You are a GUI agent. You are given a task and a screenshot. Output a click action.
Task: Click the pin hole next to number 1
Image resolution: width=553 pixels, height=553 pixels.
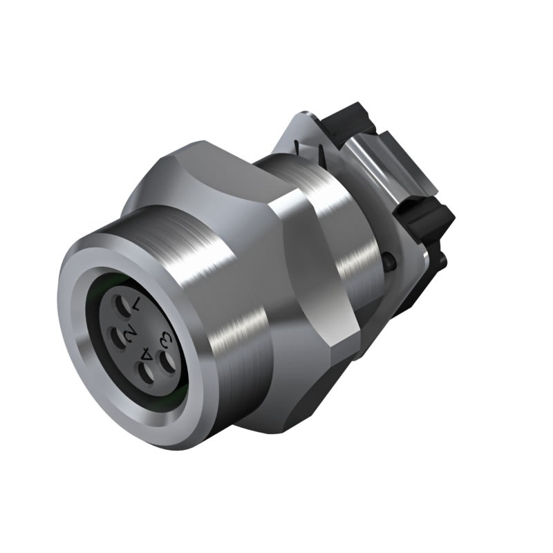tap(121, 304)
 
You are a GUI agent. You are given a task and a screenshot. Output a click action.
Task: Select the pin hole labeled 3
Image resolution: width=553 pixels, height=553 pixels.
tap(167, 359)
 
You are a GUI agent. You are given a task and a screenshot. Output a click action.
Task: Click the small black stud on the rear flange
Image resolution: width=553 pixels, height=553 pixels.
tap(391, 261)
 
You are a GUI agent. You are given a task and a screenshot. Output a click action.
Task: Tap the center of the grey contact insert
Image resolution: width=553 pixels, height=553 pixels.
tap(138, 339)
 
